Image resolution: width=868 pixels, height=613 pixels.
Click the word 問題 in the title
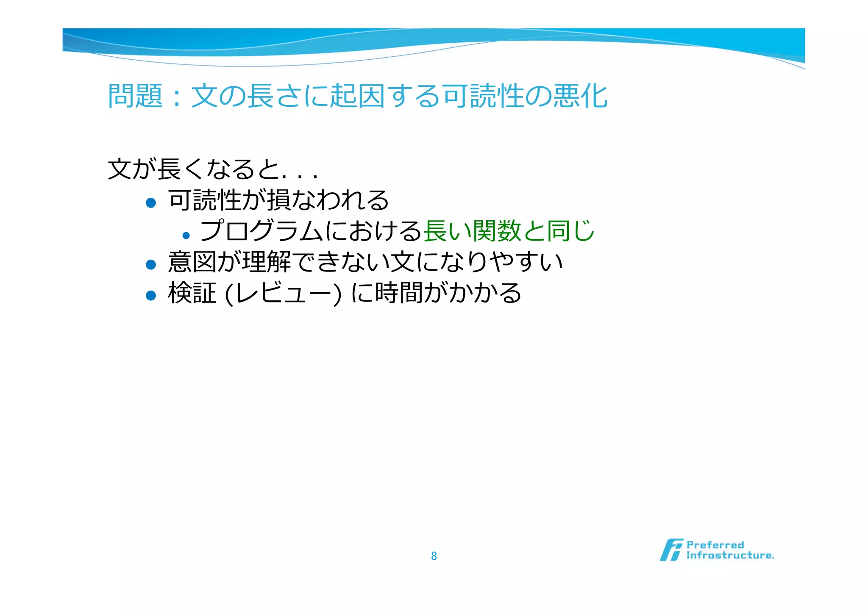click(135, 96)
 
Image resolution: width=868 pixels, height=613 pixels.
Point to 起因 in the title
click(358, 96)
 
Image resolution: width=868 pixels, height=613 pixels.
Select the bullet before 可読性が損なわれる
click(151, 203)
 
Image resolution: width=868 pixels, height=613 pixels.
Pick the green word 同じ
click(570, 231)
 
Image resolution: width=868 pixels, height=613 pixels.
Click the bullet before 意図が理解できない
click(151, 265)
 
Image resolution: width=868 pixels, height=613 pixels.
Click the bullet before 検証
click(151, 295)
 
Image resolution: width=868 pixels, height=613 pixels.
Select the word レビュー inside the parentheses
click(283, 293)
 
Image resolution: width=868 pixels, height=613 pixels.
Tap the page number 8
click(434, 556)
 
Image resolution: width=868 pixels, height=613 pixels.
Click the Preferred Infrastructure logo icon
click(671, 550)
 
